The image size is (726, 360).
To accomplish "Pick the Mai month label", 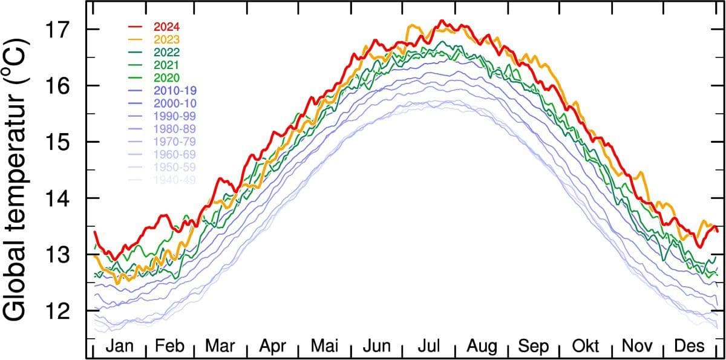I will click(x=325, y=346).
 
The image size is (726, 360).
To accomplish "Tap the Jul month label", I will click(x=430, y=346).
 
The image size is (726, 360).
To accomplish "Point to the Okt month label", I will click(x=586, y=346).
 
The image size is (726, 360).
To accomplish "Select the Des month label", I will click(x=690, y=346).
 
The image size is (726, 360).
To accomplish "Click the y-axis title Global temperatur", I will click(x=18, y=182).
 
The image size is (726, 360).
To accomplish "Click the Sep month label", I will click(x=534, y=346).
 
